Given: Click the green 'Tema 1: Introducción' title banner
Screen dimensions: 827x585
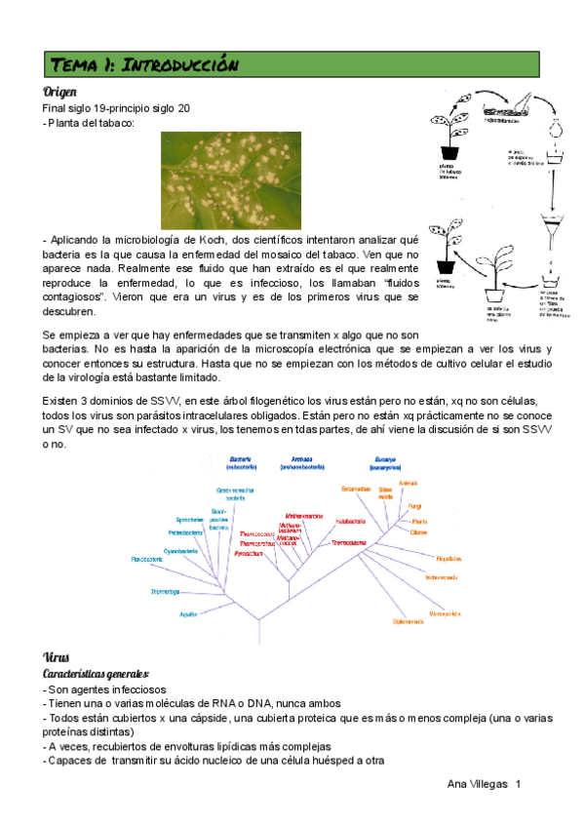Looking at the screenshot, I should tap(292, 64).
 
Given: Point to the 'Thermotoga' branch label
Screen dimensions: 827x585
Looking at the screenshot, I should tap(165, 592).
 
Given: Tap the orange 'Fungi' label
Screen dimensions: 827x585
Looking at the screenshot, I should tap(415, 506).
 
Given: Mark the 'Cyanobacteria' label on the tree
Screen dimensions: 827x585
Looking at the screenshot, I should tap(181, 551).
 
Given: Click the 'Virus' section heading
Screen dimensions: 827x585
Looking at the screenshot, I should tap(57, 656).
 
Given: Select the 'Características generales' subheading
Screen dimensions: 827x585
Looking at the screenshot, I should tap(96, 673).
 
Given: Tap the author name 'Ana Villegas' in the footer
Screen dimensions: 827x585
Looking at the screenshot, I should tap(478, 784).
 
